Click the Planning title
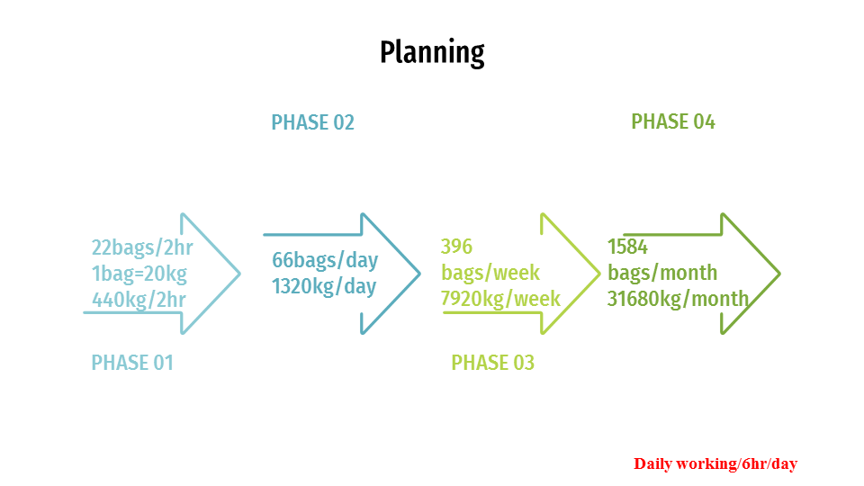click(432, 53)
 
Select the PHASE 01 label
click(132, 363)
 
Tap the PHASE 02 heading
click(312, 122)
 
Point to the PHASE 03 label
click(492, 363)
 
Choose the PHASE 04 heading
click(673, 121)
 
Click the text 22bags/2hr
click(142, 247)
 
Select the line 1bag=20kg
click(139, 274)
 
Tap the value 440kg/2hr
click(139, 300)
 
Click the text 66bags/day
click(325, 260)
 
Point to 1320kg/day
click(324, 286)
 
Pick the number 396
click(457, 247)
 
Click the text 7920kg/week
click(500, 299)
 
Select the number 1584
click(627, 247)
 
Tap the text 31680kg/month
click(679, 299)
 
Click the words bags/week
click(490, 273)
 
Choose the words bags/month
click(662, 273)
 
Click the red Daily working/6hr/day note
click(715, 464)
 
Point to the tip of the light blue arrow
click(240, 274)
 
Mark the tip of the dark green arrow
click(780, 274)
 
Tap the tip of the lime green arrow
click(600, 274)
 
